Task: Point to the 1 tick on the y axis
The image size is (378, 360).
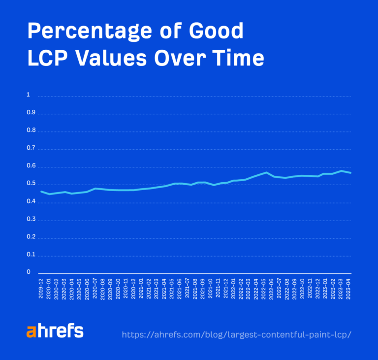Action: (28, 95)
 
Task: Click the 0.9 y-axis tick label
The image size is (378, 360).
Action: (30, 113)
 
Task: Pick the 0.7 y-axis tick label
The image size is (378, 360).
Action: (30, 148)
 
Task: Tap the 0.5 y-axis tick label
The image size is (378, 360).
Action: (30, 184)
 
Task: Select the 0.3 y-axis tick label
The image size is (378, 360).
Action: (30, 219)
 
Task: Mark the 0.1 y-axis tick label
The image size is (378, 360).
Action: (30, 255)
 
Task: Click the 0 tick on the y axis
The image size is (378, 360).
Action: (28, 272)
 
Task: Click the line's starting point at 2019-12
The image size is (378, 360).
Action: (41, 191)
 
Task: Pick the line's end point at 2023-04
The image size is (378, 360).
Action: (350, 173)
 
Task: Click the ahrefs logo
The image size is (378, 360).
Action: (55, 331)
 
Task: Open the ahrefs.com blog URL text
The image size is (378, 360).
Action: (236, 334)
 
